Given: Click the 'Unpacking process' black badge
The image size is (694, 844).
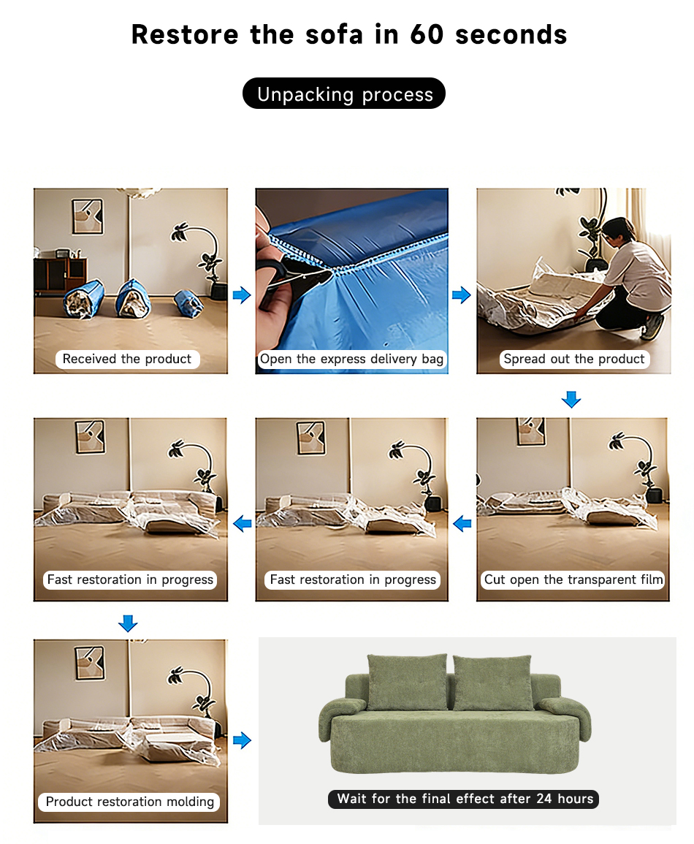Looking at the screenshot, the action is tap(344, 94).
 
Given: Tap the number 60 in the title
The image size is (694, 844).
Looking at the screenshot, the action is tap(427, 34).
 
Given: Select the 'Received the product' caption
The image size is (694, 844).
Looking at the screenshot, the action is tap(127, 359).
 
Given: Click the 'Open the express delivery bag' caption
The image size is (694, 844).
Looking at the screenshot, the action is tap(352, 359).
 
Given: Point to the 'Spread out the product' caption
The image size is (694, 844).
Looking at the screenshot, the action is tap(574, 359).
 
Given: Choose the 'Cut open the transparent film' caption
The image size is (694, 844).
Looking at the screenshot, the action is tap(573, 579).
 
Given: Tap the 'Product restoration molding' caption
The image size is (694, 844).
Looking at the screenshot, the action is tap(129, 802).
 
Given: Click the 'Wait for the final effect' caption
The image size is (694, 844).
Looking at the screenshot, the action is tap(464, 799).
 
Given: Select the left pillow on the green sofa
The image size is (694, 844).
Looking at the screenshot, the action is tap(407, 682).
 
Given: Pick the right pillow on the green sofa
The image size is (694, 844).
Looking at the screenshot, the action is tap(493, 683).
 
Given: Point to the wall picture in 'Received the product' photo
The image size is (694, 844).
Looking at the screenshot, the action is tap(88, 216).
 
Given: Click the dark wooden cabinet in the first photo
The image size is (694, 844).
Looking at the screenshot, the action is tap(59, 276).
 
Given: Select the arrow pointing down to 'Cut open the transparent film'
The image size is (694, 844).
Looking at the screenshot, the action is tap(571, 400).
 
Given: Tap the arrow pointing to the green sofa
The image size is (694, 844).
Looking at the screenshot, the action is tap(242, 740).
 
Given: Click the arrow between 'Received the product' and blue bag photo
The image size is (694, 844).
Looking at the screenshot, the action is tap(242, 294).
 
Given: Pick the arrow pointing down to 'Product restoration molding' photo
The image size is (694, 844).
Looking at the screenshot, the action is tap(128, 623).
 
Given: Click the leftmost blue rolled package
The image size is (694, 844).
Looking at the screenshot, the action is tap(83, 300).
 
